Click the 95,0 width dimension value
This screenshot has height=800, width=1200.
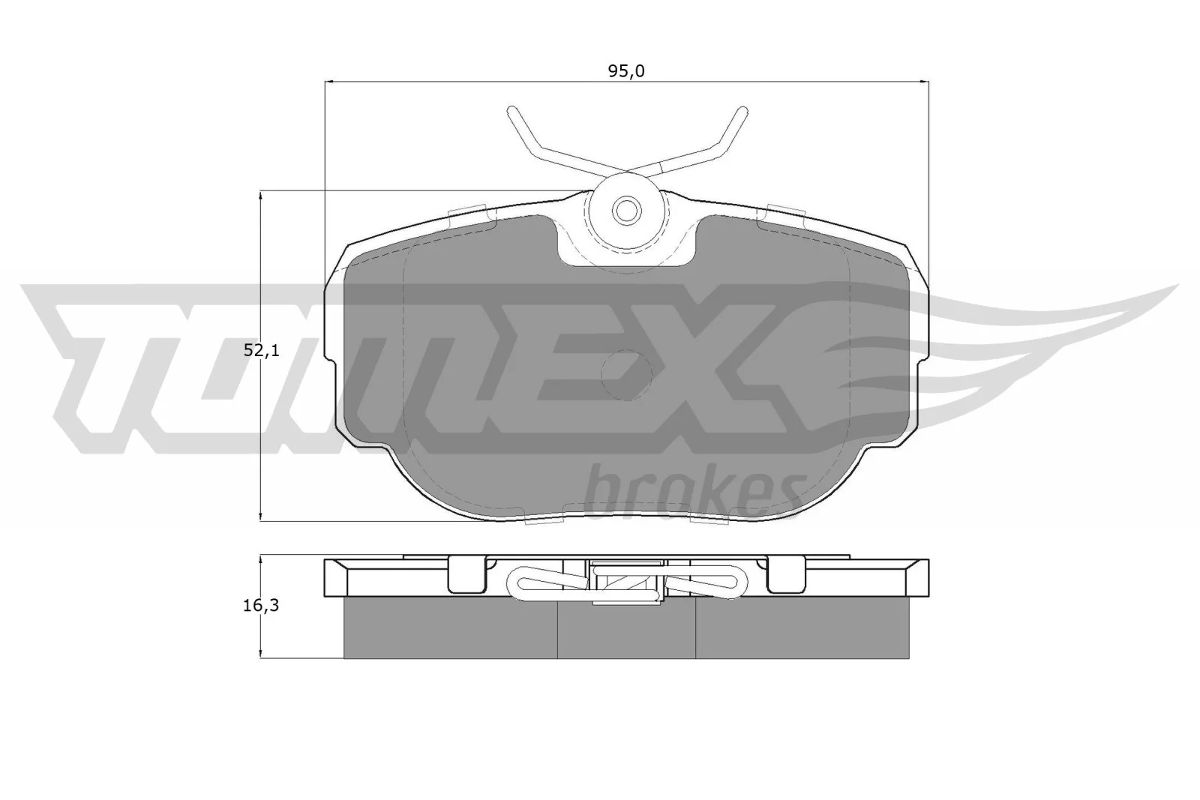click(x=626, y=71)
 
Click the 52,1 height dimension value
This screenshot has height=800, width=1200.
click(x=261, y=350)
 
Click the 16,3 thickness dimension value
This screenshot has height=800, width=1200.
click(x=260, y=606)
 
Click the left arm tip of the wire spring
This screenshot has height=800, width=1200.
click(x=512, y=112)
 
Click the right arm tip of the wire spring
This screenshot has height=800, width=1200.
click(x=742, y=112)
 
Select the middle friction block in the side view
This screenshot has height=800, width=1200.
click(x=626, y=630)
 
